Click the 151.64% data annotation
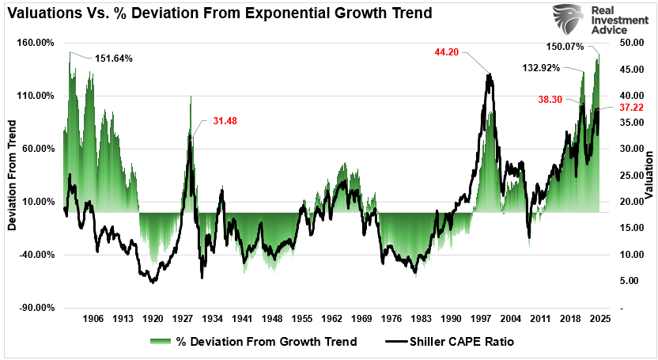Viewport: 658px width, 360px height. pyautogui.click(x=114, y=59)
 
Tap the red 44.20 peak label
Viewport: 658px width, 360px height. pyautogui.click(x=447, y=52)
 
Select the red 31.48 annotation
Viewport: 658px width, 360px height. pyautogui.click(x=225, y=121)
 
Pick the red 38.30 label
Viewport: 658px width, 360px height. pyautogui.click(x=551, y=100)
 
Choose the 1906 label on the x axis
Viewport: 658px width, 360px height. pyautogui.click(x=93, y=319)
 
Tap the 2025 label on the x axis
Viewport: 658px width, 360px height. pyautogui.click(x=599, y=319)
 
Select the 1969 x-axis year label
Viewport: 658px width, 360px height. pyautogui.click(x=361, y=319)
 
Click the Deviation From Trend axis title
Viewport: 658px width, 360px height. pyautogui.click(x=12, y=176)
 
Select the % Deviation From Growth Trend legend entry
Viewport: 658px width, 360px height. pyautogui.click(x=253, y=342)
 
